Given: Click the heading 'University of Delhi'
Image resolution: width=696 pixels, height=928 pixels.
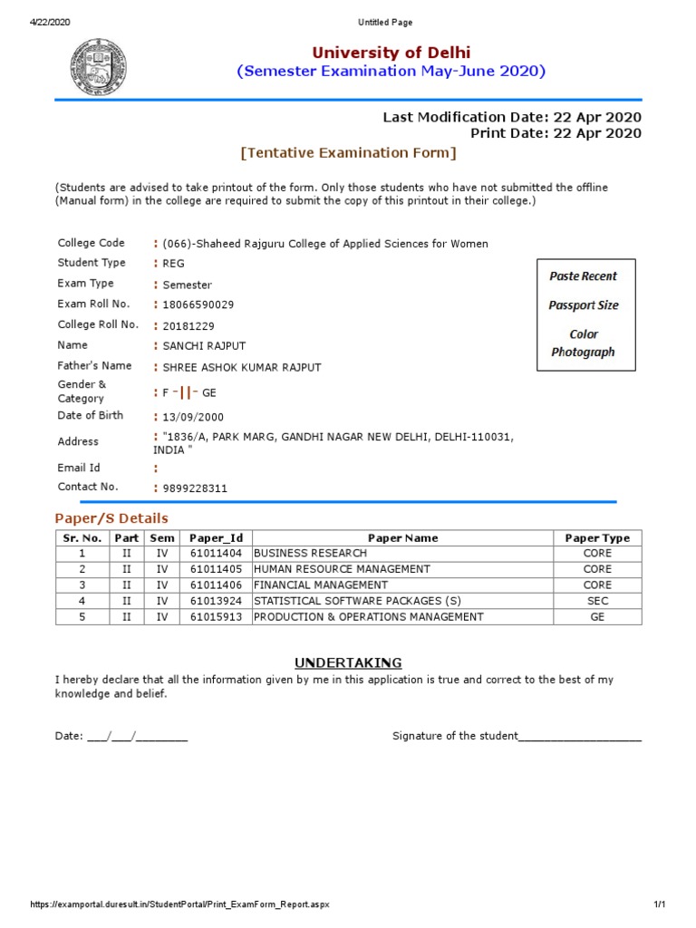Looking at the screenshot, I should click(x=391, y=53).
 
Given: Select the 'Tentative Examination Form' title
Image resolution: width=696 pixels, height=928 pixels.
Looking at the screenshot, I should click(x=348, y=153).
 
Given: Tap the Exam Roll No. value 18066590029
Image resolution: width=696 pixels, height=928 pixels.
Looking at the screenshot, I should click(x=191, y=305).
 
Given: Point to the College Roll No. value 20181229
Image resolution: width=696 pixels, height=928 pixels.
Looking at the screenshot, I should click(x=188, y=326).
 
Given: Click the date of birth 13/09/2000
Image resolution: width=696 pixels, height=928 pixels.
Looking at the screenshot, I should click(x=193, y=418).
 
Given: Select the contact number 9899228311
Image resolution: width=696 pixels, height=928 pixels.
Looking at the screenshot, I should click(x=195, y=488).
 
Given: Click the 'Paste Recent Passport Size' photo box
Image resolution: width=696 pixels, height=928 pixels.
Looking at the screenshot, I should click(x=584, y=314).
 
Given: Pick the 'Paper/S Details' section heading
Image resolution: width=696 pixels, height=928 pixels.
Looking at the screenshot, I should click(x=111, y=518).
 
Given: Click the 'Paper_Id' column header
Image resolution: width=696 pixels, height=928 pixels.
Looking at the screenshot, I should click(x=216, y=538).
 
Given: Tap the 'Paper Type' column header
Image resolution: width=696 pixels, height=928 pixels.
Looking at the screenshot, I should click(x=597, y=538).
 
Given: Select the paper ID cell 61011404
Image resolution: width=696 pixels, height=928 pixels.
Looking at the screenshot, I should click(x=216, y=553).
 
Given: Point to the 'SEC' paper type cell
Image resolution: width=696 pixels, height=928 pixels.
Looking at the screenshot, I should click(x=597, y=601).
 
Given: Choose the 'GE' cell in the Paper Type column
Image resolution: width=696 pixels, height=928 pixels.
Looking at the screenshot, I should click(x=597, y=617).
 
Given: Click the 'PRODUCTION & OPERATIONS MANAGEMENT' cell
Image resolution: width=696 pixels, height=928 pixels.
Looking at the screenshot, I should click(x=369, y=617).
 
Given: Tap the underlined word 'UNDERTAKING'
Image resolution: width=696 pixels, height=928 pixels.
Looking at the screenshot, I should click(x=348, y=662).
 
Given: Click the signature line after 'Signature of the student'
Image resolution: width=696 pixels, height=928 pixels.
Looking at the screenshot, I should click(x=580, y=737).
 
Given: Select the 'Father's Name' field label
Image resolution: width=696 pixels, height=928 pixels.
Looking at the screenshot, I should click(x=94, y=366).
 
